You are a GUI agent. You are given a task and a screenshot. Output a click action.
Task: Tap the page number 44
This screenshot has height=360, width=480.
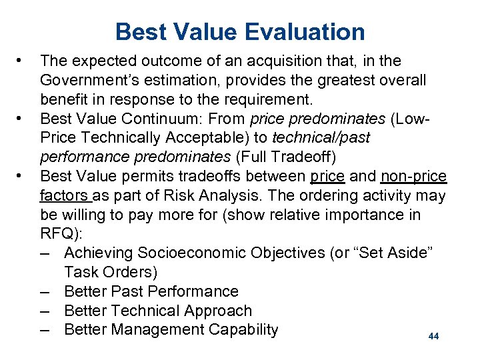[434, 337]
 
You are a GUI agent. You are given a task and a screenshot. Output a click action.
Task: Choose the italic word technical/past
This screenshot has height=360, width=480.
[323, 138]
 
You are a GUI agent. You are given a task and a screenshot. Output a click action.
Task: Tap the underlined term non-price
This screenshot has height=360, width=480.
[414, 176]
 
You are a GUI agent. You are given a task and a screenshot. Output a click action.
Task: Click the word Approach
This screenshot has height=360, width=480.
[217, 311]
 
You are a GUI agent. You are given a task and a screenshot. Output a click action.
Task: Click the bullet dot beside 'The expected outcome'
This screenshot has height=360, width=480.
[22, 61]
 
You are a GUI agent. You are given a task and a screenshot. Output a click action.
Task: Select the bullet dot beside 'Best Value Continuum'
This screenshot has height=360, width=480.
[22, 119]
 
